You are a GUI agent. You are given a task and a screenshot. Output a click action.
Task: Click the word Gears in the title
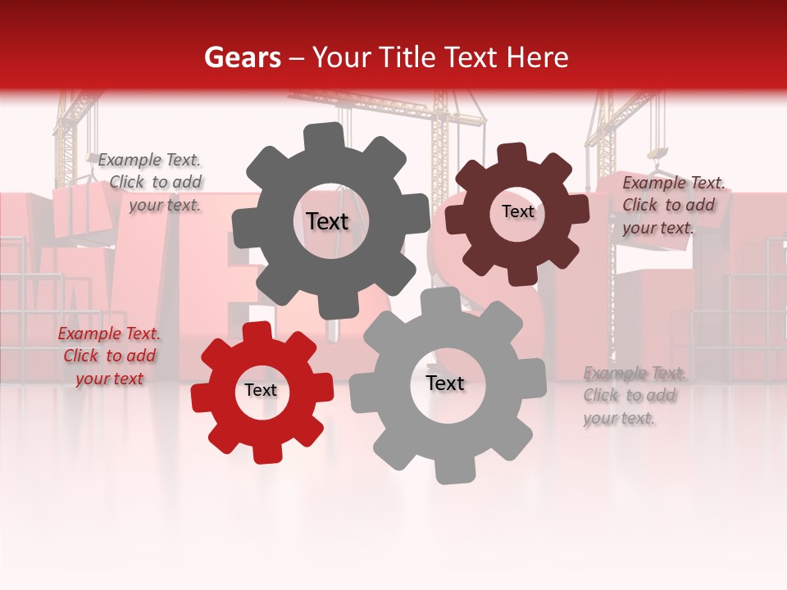242,57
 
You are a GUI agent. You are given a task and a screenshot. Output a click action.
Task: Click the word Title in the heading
407,57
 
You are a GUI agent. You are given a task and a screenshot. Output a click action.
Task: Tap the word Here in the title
538,57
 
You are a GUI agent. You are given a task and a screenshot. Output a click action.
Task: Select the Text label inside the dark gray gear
327,221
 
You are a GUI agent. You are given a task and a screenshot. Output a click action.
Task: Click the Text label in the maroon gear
517,211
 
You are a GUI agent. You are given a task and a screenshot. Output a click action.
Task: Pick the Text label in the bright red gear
261,390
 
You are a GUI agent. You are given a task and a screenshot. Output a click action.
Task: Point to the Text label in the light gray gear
445,383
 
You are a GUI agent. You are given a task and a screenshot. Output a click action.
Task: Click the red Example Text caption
109,356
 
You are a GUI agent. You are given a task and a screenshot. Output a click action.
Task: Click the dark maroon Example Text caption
673,206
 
